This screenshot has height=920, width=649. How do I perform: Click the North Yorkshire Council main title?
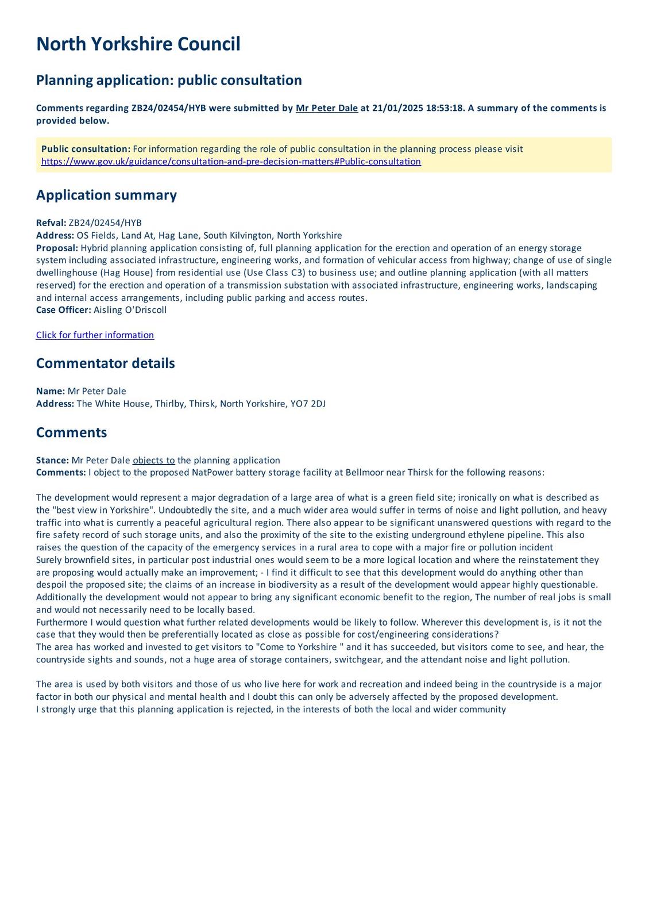point(138,44)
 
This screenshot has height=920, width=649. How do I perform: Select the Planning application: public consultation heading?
point(169,80)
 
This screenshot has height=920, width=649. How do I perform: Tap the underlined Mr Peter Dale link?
point(326,108)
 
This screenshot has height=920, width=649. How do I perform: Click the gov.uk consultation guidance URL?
point(231,162)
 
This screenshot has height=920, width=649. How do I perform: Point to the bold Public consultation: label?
point(86,149)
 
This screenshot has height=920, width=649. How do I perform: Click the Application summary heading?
point(106,195)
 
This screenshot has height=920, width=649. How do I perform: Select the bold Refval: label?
point(51,223)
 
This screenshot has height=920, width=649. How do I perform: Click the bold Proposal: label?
point(57,248)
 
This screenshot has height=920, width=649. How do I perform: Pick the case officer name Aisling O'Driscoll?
point(130,310)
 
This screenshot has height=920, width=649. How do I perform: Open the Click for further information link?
point(95,335)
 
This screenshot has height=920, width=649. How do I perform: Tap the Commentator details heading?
point(105,363)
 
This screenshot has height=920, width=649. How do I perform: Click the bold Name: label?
point(51,391)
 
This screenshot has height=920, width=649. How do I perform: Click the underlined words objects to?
point(153,461)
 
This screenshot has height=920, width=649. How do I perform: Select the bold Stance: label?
point(52,461)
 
